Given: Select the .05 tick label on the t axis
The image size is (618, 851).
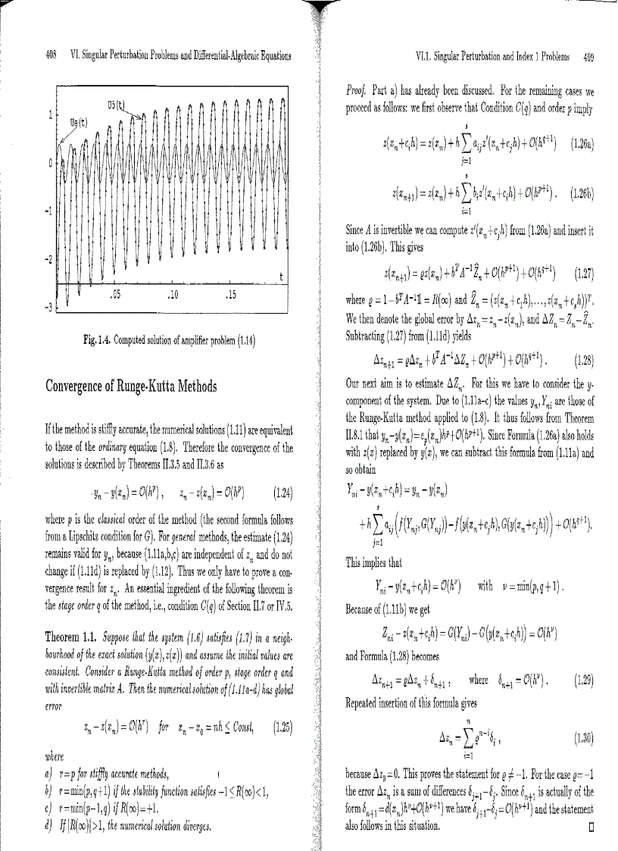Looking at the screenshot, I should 116,293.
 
